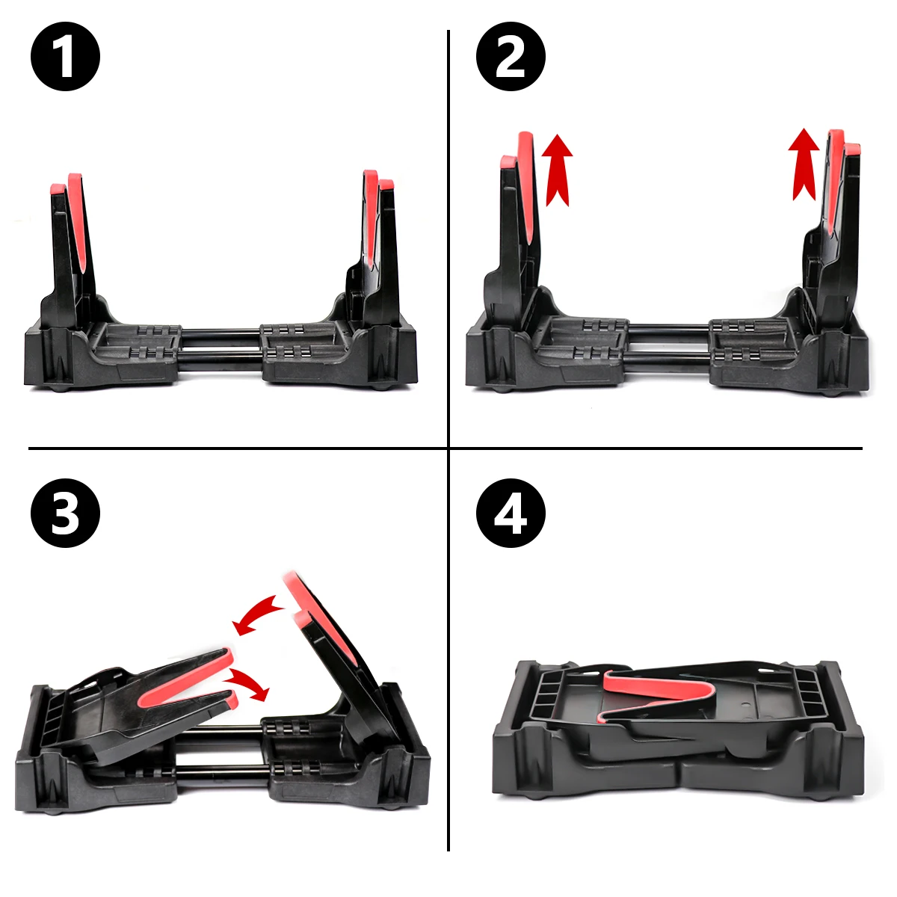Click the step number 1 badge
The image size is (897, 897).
[x=65, y=56]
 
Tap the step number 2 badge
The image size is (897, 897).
[x=511, y=56]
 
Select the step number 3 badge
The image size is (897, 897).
[x=65, y=513]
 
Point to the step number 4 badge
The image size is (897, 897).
[x=511, y=513]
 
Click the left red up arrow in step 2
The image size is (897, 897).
[x=558, y=170]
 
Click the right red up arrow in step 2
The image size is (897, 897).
[x=804, y=164]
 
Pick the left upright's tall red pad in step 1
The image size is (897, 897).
[x=78, y=221]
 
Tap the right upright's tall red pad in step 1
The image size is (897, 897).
[x=370, y=217]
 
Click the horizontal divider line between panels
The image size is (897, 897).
[x=446, y=449]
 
